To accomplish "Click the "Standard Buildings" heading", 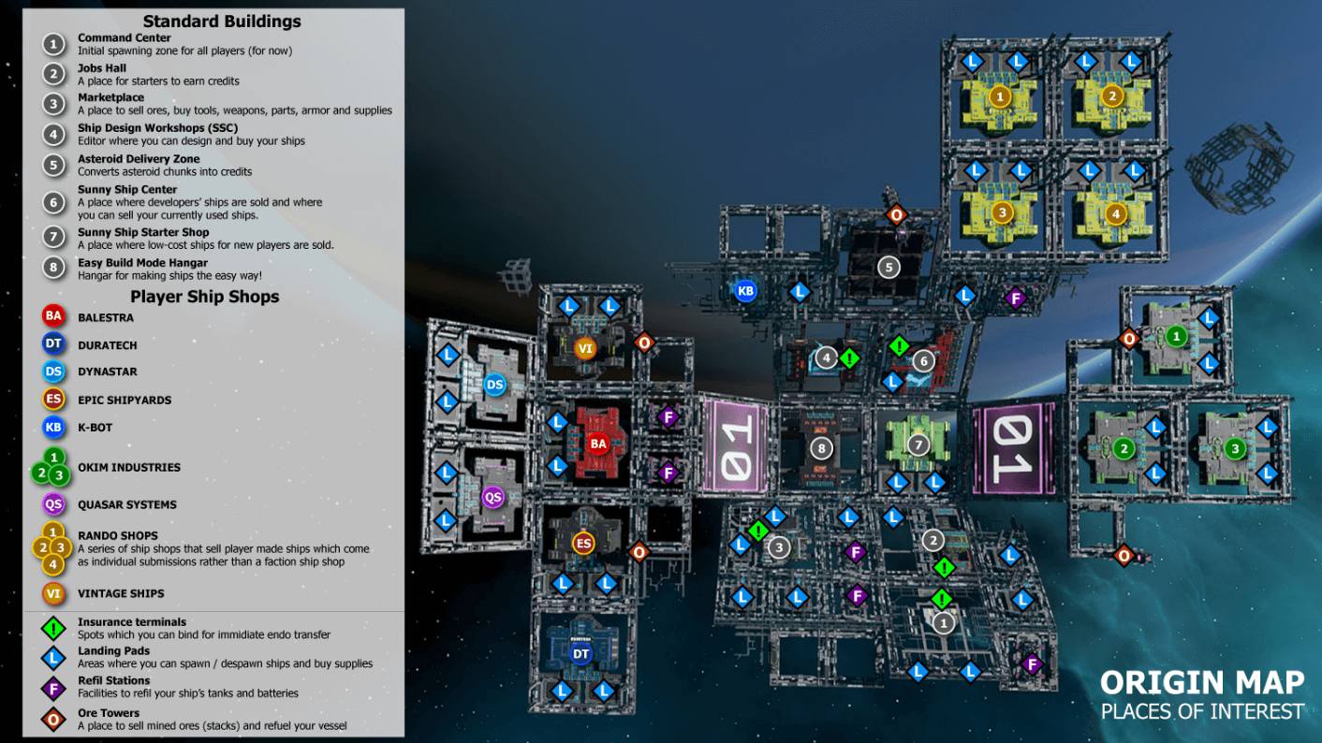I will [x=222, y=21].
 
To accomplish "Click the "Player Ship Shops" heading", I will [x=204, y=297].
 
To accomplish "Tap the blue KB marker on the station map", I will [x=745, y=291].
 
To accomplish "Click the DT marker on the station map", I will [x=581, y=653].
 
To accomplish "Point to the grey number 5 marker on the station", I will [x=889, y=268].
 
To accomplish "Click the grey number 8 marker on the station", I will [x=821, y=448].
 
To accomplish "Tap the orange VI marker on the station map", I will [x=585, y=349].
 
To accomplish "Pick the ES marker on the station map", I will [x=583, y=543].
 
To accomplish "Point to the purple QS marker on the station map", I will [x=492, y=497].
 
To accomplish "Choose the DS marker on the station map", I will [x=494, y=385].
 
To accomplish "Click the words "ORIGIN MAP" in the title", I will [x=1202, y=682].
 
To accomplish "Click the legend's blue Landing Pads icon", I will [x=54, y=657].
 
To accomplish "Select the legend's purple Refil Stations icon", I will [x=54, y=687].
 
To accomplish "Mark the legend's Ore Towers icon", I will [x=54, y=719].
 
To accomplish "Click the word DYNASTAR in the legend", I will [x=108, y=371].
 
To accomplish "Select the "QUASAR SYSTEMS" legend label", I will [x=126, y=504].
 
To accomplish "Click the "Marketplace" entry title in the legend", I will [x=110, y=97].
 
